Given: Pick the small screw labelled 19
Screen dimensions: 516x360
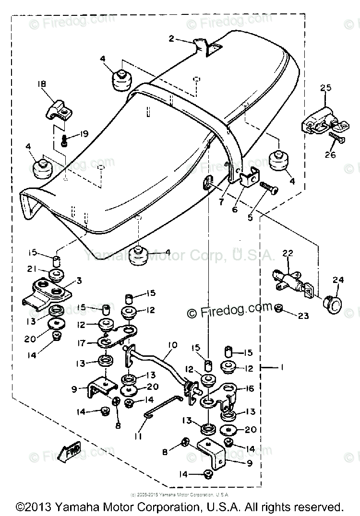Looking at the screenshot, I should [x=65, y=141].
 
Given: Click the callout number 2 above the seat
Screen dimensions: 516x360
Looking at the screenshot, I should [x=172, y=38].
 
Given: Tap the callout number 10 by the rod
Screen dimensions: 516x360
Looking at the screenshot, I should [x=172, y=345].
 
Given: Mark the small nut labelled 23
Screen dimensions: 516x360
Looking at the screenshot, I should [x=278, y=307].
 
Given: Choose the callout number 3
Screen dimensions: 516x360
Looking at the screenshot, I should [x=78, y=280].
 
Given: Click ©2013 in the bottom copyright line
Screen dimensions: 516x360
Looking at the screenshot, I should [x=33, y=507].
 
